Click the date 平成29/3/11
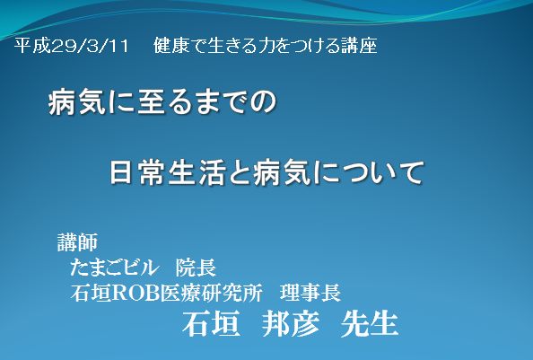pyautogui.click(x=72, y=46)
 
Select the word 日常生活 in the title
pyautogui.click(x=167, y=173)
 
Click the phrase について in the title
pyautogui.click(x=370, y=173)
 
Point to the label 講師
pyautogui.click(x=77, y=242)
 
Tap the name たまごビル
pyautogui.click(x=114, y=268)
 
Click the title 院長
pyautogui.click(x=196, y=268)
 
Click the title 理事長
pyautogui.click(x=310, y=293)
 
